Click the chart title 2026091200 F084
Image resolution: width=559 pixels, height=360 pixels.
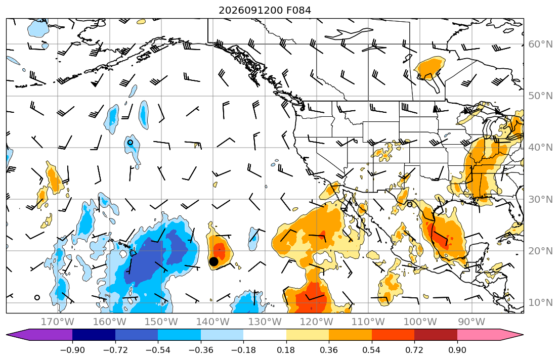tap(265, 10)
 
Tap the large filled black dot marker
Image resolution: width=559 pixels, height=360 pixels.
tap(213, 261)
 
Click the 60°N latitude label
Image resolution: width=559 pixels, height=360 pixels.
tap(540, 44)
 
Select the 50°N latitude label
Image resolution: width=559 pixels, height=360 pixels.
tap(540, 96)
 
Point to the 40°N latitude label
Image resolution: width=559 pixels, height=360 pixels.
tap(540, 148)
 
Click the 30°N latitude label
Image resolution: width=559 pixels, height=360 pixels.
tap(540, 199)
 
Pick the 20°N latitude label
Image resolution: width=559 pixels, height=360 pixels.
tap(540, 251)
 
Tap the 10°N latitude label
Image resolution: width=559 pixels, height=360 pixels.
tap(540, 303)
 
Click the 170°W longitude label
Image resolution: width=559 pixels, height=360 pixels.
tap(58, 322)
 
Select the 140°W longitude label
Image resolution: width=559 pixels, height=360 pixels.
tap(213, 322)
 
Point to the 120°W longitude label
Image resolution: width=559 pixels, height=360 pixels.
tap(317, 322)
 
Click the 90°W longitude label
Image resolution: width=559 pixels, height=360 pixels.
tap(471, 322)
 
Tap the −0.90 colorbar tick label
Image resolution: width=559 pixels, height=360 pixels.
tap(72, 350)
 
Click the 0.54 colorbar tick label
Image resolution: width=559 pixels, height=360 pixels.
tap(371, 350)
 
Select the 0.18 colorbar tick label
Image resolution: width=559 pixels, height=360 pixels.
tap(286, 350)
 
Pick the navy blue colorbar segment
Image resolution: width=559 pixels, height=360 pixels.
tap(94, 335)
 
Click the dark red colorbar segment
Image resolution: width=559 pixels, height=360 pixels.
tap(436, 335)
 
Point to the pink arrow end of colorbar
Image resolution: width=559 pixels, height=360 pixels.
tap(490, 335)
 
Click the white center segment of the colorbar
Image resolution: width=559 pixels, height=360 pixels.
tap(265, 335)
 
